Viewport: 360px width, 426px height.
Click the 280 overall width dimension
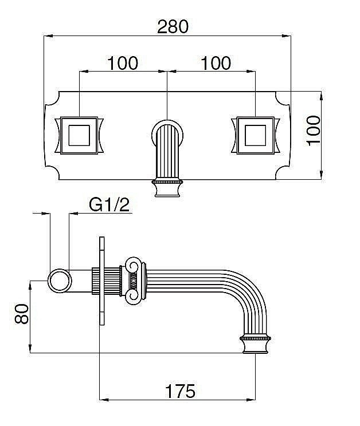pyautogui.click(x=173, y=26)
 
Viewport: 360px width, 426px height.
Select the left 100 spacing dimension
pyautogui.click(x=123, y=63)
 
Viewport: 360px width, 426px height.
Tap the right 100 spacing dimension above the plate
pyautogui.click(x=216, y=63)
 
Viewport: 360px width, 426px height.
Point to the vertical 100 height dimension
pyautogui.click(x=313, y=131)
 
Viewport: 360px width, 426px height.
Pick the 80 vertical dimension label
pyautogui.click(x=22, y=314)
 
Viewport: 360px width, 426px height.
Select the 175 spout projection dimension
pyautogui.click(x=180, y=391)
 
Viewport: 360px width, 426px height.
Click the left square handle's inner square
pyautogui.click(x=79, y=135)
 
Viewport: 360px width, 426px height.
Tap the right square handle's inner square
pyautogui.click(x=255, y=135)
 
